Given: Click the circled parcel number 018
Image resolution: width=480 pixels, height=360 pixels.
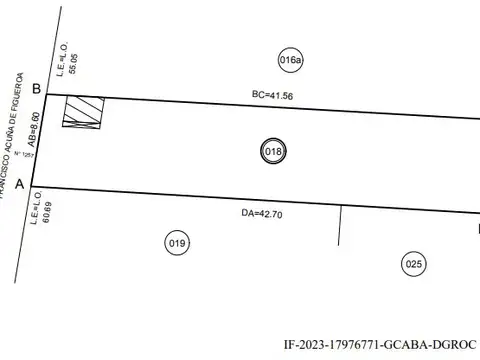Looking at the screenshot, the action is pos(273,152).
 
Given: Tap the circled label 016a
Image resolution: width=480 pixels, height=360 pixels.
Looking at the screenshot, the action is pos(291,60).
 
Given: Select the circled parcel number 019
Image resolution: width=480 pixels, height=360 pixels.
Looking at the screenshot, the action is pos(177,242).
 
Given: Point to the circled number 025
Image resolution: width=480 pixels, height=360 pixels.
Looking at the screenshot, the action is pos(414,264).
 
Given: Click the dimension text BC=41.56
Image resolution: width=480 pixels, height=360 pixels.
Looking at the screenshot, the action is pos(272,95).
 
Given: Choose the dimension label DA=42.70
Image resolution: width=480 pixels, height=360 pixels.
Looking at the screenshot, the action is pos(263,213).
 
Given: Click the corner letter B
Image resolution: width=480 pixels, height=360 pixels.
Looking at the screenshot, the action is pos(36,90).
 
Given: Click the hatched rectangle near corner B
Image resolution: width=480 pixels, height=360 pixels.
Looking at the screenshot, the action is pos(83,110).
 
